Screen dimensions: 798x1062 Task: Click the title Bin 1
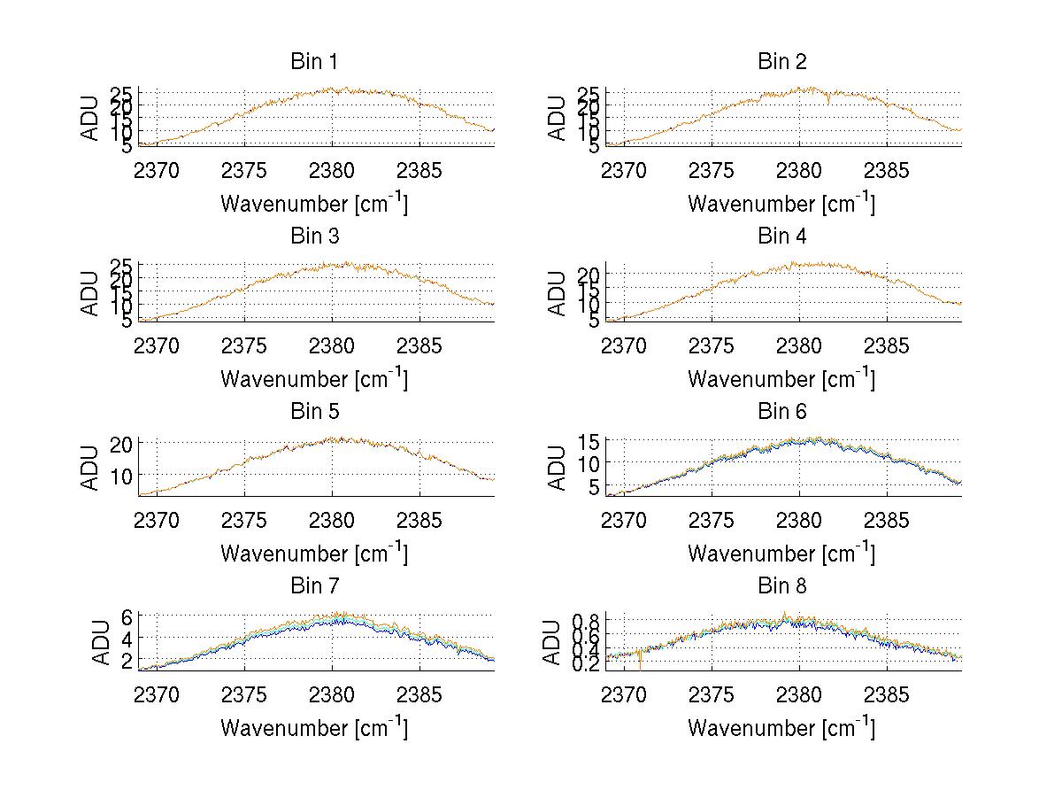[x=313, y=62]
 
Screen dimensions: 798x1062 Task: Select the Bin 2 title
[x=781, y=62]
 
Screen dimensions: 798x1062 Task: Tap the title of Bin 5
[x=313, y=412]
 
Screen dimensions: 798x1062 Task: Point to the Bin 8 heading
[x=781, y=586]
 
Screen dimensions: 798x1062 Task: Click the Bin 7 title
[x=313, y=586]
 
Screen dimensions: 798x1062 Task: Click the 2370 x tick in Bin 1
[x=157, y=170]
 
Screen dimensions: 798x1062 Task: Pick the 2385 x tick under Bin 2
[x=887, y=170]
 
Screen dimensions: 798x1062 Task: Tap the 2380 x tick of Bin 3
[x=332, y=345]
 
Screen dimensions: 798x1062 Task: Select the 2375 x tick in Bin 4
[x=712, y=345]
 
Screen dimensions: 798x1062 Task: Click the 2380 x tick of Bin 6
[x=799, y=520]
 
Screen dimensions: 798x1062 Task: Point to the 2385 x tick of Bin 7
[x=419, y=694]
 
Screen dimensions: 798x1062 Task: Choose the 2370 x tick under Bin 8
[x=624, y=694]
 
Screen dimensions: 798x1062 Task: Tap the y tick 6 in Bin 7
[x=127, y=616]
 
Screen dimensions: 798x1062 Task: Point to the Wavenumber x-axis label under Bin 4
[x=781, y=378]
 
